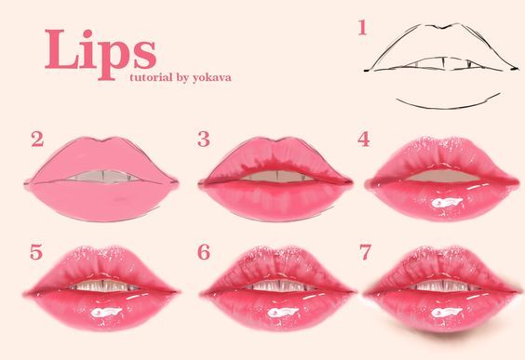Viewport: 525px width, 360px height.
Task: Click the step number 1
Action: (x=362, y=27)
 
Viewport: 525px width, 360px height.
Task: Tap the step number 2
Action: (x=37, y=140)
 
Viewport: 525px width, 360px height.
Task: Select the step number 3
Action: (x=204, y=140)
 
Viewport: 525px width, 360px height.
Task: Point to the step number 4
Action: (x=364, y=140)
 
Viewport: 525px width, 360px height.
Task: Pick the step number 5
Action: (x=36, y=252)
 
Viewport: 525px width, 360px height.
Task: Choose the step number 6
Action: (x=204, y=252)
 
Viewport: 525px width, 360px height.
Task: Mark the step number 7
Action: (x=365, y=252)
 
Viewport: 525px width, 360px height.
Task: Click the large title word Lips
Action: (x=101, y=54)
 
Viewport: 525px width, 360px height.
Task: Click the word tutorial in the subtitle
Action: (x=151, y=77)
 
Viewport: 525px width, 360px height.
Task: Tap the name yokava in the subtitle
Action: (x=211, y=78)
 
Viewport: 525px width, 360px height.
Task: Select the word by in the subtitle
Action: (x=182, y=78)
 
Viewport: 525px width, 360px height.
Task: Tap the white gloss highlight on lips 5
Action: (x=106, y=313)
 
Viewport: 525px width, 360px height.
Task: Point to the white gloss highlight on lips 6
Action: (x=283, y=313)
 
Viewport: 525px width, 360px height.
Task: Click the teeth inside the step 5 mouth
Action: (x=104, y=286)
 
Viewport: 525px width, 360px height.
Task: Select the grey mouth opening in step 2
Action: (x=103, y=177)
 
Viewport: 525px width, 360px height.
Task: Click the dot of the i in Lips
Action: (x=87, y=33)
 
